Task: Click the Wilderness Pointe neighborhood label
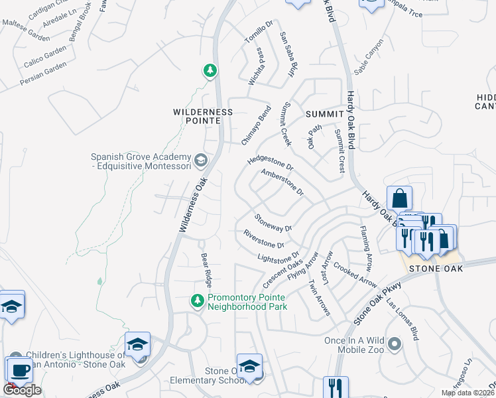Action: tap(203, 112)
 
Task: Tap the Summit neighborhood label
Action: tap(324, 114)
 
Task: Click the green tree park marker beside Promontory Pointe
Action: tap(197, 301)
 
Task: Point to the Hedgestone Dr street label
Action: tap(270, 161)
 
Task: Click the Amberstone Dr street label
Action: tap(282, 182)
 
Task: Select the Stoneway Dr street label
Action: tap(273, 222)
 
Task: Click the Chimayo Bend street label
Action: tap(256, 125)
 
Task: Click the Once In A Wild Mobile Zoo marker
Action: tap(395, 344)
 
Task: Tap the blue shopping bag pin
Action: tap(400, 198)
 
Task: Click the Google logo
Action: tap(23, 390)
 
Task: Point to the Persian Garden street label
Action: tap(44, 74)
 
